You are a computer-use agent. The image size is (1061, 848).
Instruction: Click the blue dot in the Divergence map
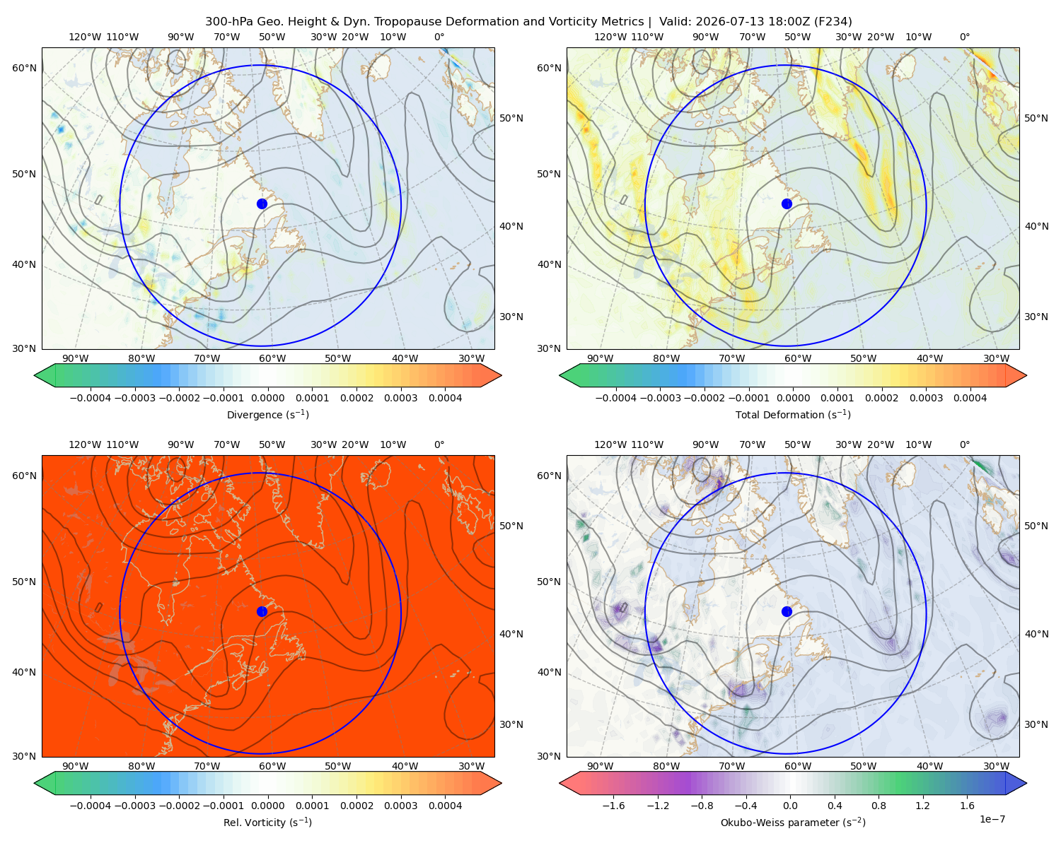262,204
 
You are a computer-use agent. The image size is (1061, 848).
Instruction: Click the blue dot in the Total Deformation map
787,204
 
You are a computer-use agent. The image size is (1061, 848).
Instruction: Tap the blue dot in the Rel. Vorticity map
262,611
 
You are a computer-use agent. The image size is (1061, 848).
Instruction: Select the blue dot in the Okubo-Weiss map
787,611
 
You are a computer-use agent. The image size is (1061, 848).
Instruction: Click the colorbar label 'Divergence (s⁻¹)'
267,414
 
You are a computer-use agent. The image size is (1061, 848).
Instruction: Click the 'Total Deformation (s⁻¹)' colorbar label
793,414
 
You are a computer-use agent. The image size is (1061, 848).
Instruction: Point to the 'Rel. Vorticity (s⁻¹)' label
267,822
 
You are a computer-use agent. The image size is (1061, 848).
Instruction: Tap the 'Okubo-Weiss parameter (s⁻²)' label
793,822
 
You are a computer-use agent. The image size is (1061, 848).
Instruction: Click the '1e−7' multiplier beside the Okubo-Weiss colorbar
992,819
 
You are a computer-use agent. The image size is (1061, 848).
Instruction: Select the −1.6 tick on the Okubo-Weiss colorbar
613,805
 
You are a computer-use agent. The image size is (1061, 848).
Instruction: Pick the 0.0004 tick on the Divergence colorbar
445,398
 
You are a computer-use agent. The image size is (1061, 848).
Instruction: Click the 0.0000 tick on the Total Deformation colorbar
793,398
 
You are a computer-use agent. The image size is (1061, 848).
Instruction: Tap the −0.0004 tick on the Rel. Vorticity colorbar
91,805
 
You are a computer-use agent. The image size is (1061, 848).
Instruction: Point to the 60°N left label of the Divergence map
24,68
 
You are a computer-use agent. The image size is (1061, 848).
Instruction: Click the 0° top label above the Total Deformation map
964,37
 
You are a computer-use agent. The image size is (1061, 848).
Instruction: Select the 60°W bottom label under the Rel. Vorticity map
272,766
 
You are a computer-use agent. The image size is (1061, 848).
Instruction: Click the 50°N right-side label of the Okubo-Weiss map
1036,525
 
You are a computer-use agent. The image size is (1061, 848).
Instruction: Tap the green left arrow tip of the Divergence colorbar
35,375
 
